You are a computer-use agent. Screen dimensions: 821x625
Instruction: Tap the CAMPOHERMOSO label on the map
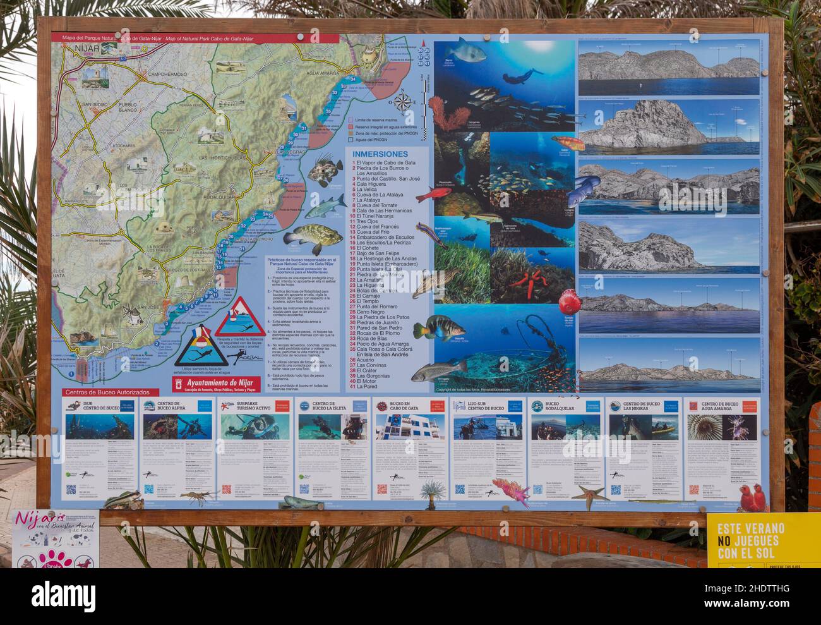[x=167, y=74]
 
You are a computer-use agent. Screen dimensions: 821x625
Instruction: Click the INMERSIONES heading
[x=380, y=154]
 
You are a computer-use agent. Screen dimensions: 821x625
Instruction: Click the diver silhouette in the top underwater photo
[x=524, y=76]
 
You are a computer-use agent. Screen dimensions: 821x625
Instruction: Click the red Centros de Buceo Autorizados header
[x=102, y=393]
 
